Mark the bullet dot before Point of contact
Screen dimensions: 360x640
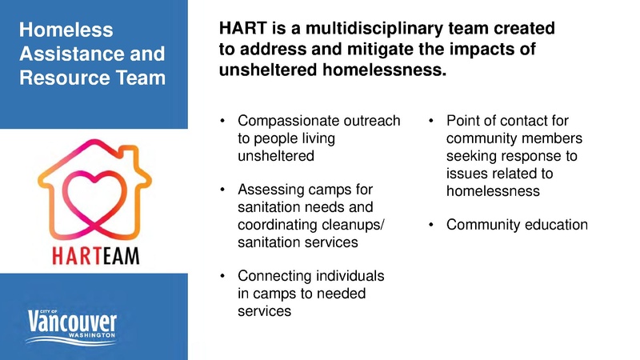[x=430, y=122]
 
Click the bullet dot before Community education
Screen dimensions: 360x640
[x=430, y=226]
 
